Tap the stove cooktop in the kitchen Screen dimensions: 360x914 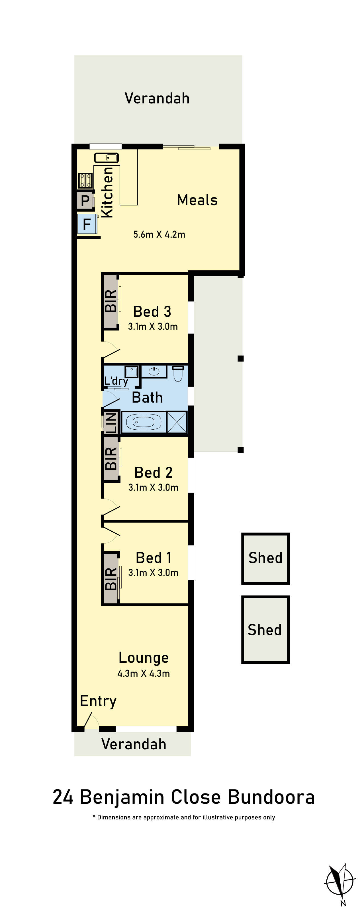[x=85, y=181]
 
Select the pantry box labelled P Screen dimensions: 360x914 [x=85, y=201]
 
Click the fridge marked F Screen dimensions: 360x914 [x=87, y=224]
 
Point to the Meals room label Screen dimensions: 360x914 [x=197, y=200]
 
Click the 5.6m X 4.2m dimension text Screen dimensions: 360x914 [x=159, y=234]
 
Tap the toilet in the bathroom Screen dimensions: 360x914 [x=178, y=374]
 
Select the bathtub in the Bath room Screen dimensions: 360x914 [x=144, y=422]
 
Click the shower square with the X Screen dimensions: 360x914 [x=177, y=422]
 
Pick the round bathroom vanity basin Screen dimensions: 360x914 [x=154, y=372]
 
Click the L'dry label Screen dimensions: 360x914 [x=116, y=381]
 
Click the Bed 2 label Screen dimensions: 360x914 [x=153, y=473]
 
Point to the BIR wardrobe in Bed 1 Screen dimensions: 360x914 [x=111, y=578]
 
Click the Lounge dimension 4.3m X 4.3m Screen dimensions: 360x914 [x=144, y=674]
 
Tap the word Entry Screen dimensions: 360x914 [x=98, y=701]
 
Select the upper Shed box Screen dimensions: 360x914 [x=265, y=558]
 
